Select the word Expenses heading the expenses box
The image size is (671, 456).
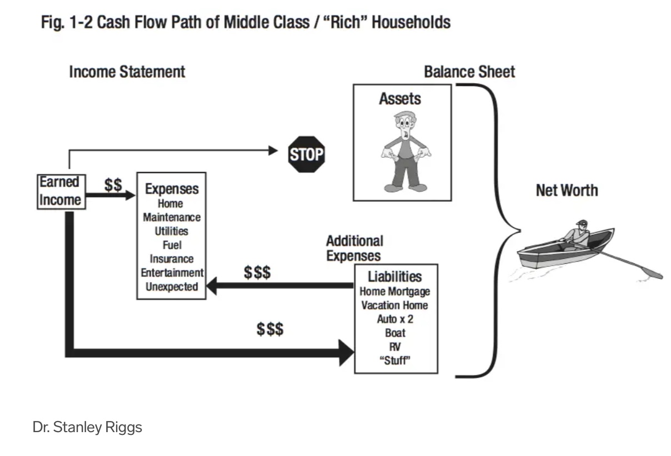(171, 189)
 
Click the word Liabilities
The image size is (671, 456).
(395, 277)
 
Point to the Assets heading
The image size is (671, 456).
(400, 99)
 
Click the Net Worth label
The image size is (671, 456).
(567, 190)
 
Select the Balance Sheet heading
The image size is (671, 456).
(469, 72)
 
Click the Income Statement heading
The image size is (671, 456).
(127, 72)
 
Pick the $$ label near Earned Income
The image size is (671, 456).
(113, 184)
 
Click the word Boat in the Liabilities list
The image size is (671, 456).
(395, 333)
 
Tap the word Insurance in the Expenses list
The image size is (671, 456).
(171, 259)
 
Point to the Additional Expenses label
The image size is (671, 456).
(354, 248)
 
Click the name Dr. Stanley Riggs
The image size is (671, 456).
(87, 427)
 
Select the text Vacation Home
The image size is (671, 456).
(394, 305)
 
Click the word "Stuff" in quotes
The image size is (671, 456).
(394, 360)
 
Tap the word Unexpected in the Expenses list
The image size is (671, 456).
(171, 287)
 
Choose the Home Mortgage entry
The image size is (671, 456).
(394, 291)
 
